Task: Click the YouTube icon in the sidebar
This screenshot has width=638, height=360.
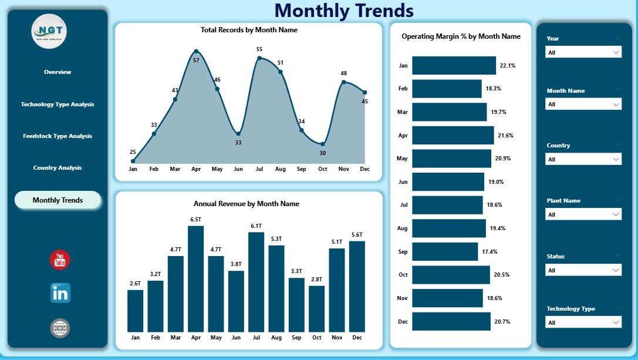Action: click(60, 260)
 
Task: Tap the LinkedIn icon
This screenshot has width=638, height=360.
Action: click(60, 292)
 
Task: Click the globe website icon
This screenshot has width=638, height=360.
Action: click(60, 328)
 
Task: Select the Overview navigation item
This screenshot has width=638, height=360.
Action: click(58, 72)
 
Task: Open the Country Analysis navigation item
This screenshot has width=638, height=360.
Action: click(58, 168)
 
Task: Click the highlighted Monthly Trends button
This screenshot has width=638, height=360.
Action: click(58, 200)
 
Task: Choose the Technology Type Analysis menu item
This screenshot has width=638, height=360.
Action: click(58, 105)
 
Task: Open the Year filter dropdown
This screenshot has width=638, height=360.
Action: click(583, 52)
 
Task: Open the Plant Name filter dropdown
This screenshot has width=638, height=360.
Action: click(583, 215)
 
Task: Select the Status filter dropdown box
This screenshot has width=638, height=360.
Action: click(583, 271)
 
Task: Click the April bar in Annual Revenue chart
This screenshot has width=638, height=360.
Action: click(196, 279)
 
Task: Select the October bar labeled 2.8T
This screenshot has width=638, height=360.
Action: click(316, 309)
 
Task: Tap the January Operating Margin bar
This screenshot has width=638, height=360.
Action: click(454, 66)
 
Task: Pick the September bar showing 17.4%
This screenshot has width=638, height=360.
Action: click(445, 252)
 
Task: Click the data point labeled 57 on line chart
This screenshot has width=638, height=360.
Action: click(196, 51)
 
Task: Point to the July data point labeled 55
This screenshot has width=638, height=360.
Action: click(259, 58)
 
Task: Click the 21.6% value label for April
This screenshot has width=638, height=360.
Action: click(505, 136)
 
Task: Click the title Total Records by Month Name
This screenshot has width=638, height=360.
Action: click(249, 30)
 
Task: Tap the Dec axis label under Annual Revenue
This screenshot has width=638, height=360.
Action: click(357, 338)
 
